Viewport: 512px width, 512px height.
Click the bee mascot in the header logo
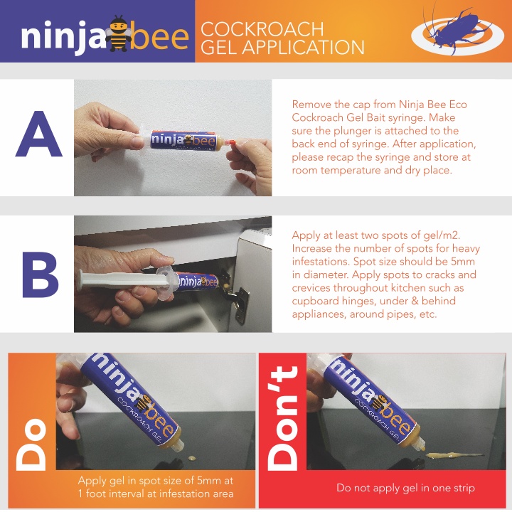[118, 33]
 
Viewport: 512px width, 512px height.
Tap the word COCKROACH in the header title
[262, 29]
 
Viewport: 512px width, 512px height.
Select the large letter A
[38, 134]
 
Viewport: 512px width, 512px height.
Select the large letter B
[40, 274]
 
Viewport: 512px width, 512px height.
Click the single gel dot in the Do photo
[192, 459]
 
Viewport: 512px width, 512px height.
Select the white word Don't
[282, 418]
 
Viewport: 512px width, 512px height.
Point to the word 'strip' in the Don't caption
[463, 489]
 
